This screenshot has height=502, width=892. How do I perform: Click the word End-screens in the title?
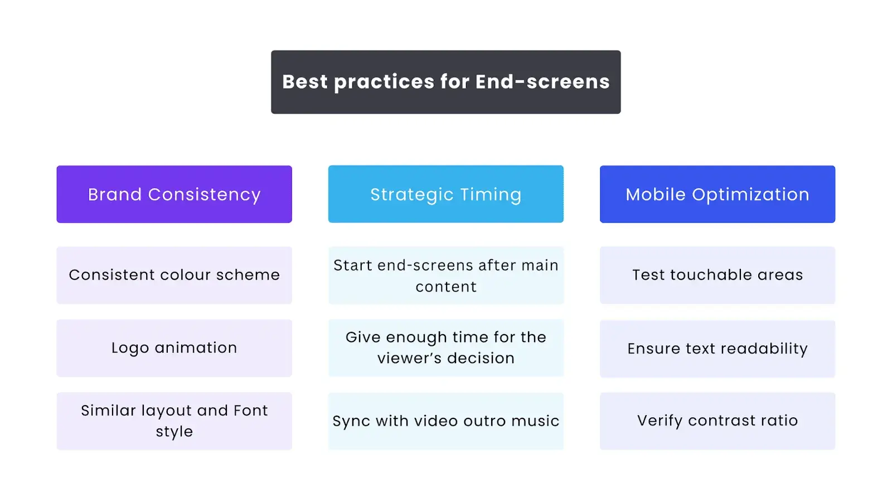click(542, 81)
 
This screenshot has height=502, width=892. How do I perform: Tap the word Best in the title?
click(305, 81)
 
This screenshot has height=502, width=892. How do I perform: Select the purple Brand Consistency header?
click(174, 194)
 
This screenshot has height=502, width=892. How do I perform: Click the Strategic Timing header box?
click(446, 194)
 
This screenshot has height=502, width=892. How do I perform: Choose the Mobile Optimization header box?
click(718, 194)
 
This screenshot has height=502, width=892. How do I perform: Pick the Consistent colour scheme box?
click(174, 276)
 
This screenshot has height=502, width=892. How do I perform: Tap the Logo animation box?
click(174, 348)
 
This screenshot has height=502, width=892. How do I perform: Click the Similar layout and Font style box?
click(174, 421)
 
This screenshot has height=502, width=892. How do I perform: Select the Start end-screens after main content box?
click(446, 276)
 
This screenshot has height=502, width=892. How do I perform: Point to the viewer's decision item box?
click(446, 348)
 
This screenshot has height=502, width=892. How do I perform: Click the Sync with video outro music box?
click(446, 421)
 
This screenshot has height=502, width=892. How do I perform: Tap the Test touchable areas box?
click(718, 276)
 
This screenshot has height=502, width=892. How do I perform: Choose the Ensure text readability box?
click(718, 349)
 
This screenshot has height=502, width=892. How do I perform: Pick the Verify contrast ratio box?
click(718, 421)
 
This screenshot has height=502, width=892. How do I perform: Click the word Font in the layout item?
click(251, 411)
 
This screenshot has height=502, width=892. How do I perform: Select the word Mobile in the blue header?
click(656, 195)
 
